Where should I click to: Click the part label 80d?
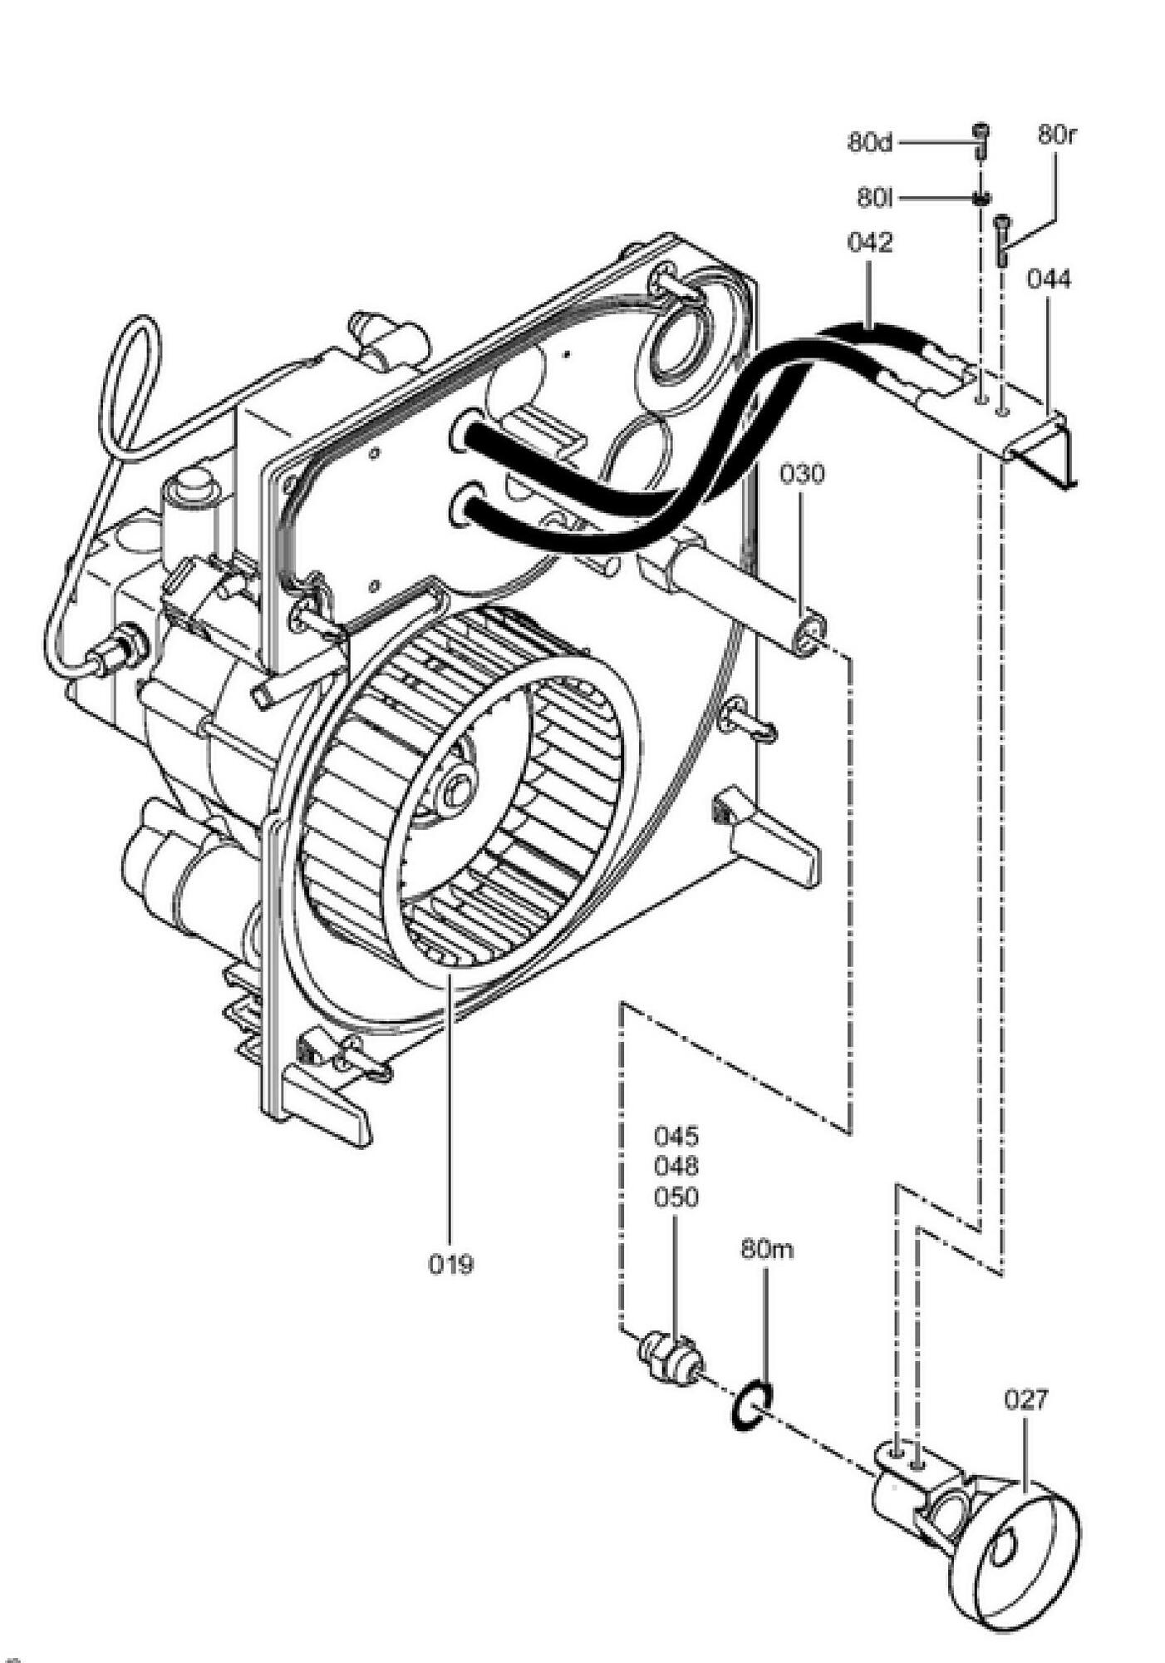coord(870,142)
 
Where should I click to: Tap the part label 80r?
coord(1056,135)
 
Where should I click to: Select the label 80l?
coord(875,199)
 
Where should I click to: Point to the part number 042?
coord(870,243)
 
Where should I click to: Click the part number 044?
coord(1049,279)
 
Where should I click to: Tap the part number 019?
coord(451,1265)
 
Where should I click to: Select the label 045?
coord(676,1136)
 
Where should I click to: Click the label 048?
coord(676,1167)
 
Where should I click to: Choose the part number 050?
coord(676,1197)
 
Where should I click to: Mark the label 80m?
coord(767,1250)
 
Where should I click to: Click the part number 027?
coord(1026,1399)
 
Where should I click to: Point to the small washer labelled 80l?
coord(982,198)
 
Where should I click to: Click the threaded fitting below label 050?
coord(671,1360)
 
